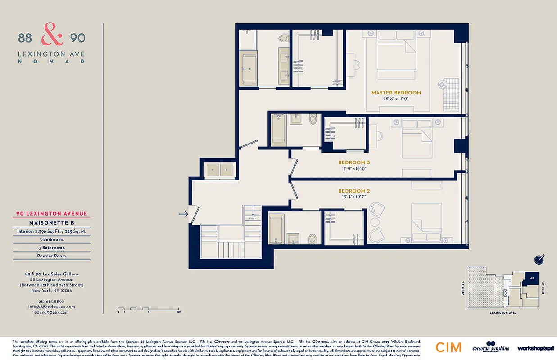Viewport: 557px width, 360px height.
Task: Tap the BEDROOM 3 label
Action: [353, 162]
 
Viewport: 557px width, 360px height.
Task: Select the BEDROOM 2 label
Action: [353, 191]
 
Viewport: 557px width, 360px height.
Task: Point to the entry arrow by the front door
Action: [183, 214]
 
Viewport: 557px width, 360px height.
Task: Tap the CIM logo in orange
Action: [448, 347]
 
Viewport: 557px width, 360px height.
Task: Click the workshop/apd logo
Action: [535, 348]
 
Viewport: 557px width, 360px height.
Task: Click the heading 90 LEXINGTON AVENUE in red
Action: [51, 214]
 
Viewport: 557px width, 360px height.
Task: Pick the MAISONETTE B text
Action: [51, 223]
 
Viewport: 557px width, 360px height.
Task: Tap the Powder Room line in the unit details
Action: [51, 256]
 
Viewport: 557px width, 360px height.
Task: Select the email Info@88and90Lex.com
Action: [51, 306]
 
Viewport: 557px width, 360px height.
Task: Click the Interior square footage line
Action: [51, 231]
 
